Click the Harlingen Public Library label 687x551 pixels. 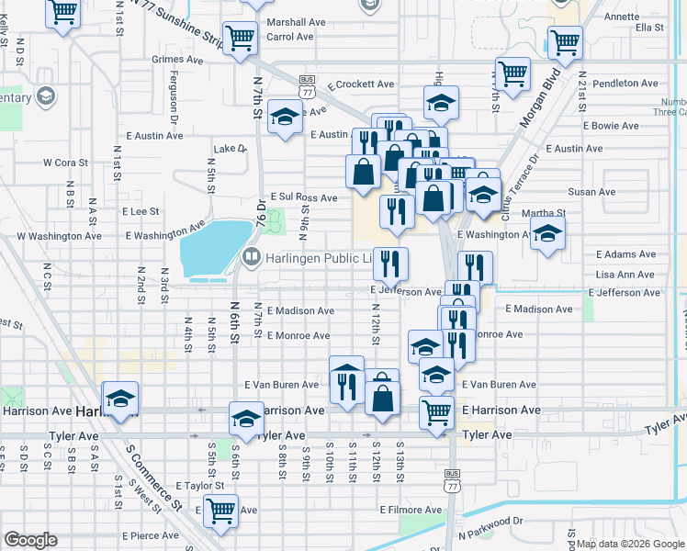tap(318, 258)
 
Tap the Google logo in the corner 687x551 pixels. tap(30, 541)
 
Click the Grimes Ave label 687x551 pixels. tap(176, 60)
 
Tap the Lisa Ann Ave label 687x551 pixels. tap(625, 275)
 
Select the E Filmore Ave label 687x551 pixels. tap(411, 510)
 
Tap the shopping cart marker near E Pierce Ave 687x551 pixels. tap(220, 510)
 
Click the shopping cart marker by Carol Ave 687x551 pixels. tap(240, 39)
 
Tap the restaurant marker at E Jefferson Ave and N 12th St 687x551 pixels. tap(390, 264)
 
